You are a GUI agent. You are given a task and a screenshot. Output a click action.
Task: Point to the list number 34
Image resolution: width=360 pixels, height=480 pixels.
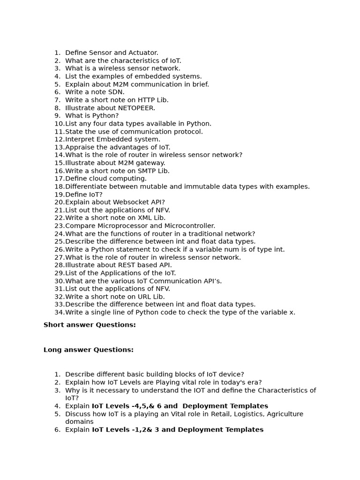click(x=59, y=313)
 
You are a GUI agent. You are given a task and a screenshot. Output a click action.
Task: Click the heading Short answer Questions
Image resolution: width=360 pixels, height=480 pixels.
click(x=90, y=325)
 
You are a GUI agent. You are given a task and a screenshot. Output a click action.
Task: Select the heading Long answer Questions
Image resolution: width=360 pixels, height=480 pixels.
click(x=89, y=350)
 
